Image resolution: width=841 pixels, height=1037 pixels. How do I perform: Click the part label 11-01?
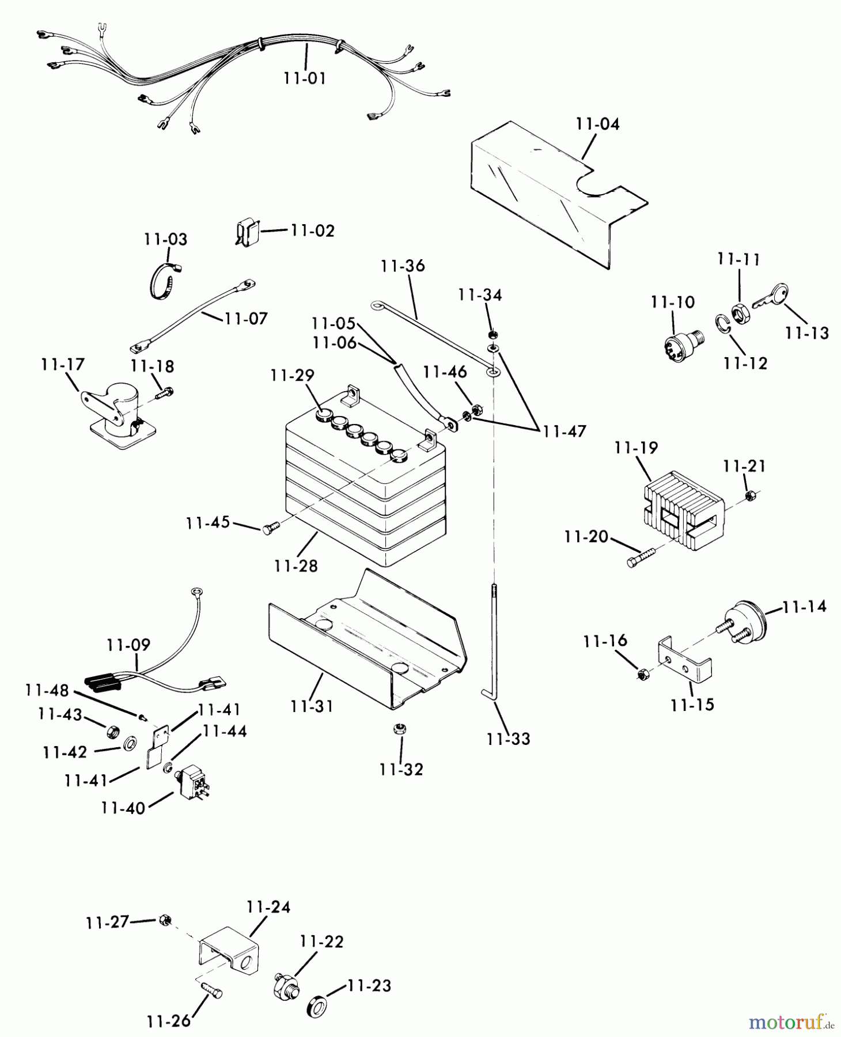pyautogui.click(x=305, y=78)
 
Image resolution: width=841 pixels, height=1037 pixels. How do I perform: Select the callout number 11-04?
pyautogui.click(x=597, y=124)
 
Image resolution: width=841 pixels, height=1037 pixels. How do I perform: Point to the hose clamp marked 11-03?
pyautogui.click(x=165, y=282)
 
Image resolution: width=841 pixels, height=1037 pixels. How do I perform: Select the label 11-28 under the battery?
pyautogui.click(x=296, y=566)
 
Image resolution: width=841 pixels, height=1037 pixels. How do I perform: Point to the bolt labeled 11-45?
pyautogui.click(x=270, y=526)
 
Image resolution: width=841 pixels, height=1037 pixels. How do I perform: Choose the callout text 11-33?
pyautogui.click(x=508, y=739)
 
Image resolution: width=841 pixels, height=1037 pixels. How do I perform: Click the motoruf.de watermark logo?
pyautogui.click(x=790, y=1021)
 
